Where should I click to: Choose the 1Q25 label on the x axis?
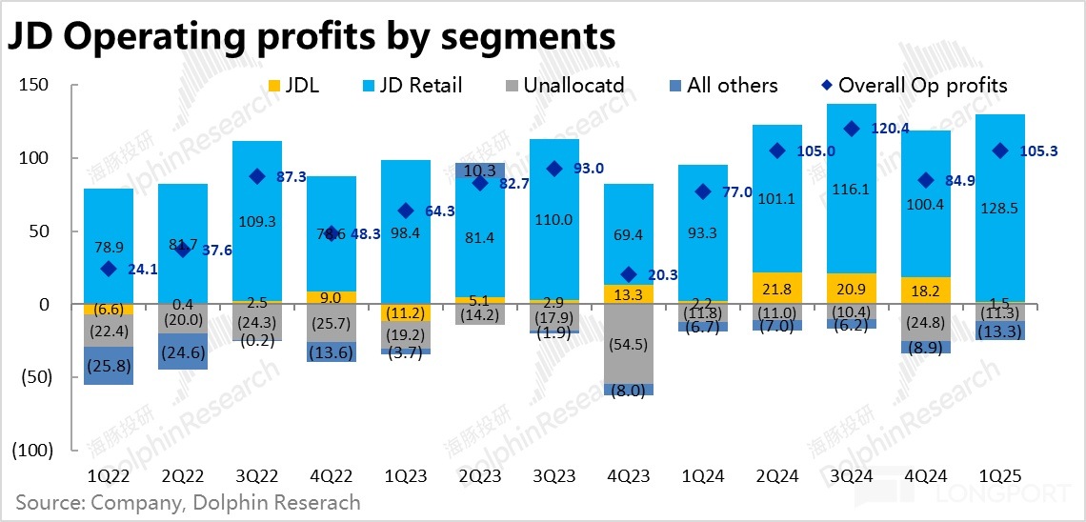999,473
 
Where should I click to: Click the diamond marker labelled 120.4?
852,129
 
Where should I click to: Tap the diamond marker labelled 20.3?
628,274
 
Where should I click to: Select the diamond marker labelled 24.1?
109,270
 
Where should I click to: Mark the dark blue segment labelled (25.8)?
109,366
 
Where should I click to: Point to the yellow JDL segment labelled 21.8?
777,288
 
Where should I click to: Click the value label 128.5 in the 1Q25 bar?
999,208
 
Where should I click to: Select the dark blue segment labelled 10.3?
480,171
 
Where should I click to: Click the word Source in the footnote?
47,502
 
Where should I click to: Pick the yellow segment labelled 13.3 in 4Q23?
628,294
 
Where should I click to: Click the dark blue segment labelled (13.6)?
332,351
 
